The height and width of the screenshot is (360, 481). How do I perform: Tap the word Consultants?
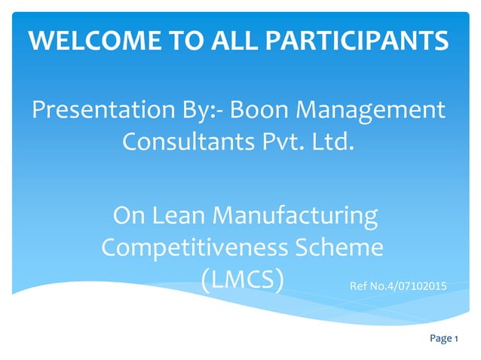(x=184, y=141)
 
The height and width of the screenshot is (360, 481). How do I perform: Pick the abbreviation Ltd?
(x=332, y=141)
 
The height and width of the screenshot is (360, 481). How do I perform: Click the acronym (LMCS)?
(x=243, y=279)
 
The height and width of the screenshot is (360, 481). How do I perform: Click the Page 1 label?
(x=444, y=339)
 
